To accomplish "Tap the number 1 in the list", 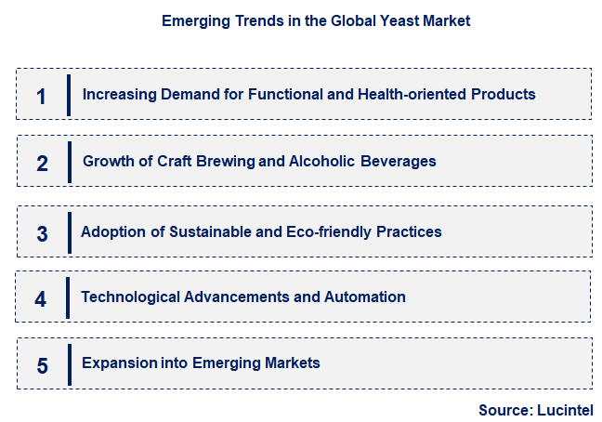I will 41,95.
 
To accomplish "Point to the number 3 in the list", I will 42,233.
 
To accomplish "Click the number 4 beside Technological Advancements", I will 41,299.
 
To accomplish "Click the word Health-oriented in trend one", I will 396,94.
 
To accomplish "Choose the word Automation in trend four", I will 364,297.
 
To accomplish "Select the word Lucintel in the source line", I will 564,410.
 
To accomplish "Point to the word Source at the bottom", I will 503,410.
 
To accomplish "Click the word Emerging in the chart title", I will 194,20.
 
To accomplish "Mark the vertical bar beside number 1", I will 69,95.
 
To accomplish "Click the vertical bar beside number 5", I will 69,364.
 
